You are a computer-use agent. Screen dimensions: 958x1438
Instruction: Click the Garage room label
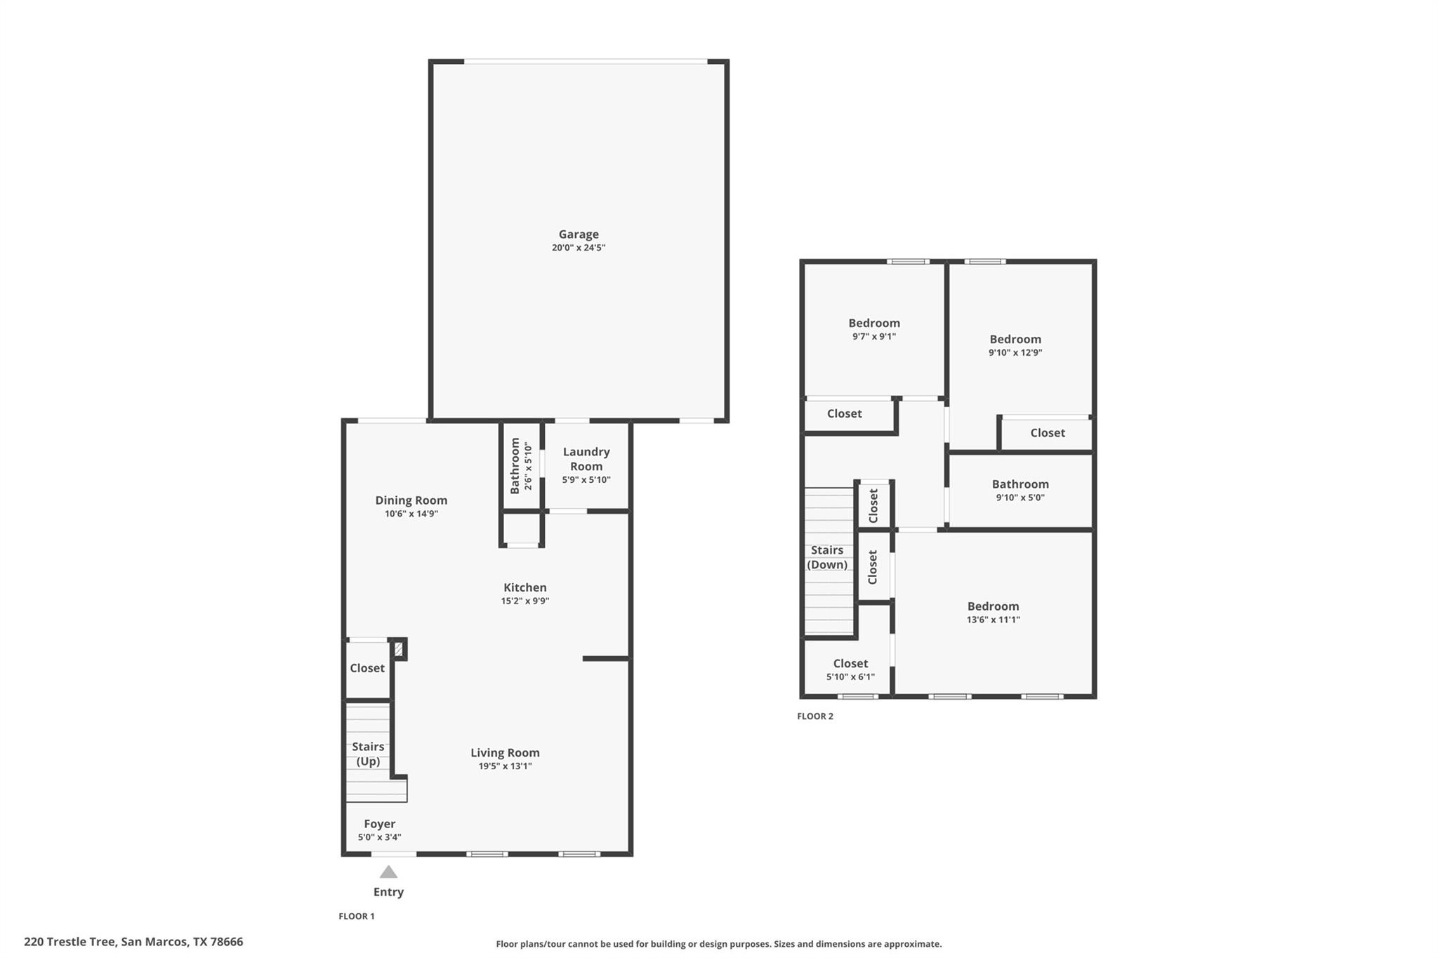tap(579, 234)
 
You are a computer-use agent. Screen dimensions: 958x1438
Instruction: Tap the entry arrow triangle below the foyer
tap(388, 872)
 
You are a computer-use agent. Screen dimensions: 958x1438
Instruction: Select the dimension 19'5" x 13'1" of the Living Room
tap(505, 766)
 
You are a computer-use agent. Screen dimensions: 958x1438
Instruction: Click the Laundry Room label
tap(586, 459)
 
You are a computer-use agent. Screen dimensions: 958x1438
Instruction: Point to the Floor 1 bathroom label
tap(515, 465)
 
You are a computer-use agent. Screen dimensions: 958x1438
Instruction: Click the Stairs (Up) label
tap(368, 754)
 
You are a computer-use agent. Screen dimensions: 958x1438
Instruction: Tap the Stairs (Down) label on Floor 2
tap(827, 557)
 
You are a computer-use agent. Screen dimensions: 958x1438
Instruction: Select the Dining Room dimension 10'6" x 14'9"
tap(411, 514)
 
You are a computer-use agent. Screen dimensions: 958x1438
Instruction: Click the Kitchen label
tap(525, 587)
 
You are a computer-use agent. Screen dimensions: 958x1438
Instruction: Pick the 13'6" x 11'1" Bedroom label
tap(993, 606)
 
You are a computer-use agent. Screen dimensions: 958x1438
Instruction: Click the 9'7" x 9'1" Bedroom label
tap(873, 323)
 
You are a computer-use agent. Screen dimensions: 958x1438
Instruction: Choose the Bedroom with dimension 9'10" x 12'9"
tap(1015, 339)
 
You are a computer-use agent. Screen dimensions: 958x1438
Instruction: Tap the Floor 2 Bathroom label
tap(1020, 484)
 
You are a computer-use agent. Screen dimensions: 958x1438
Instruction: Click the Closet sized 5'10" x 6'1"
tap(850, 663)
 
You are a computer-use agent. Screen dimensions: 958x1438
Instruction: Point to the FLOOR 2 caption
tap(815, 717)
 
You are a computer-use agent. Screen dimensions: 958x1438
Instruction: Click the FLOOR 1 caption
tap(357, 916)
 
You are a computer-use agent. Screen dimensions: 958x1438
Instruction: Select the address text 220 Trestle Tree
tap(70, 942)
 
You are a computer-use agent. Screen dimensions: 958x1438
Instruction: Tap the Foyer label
tap(379, 824)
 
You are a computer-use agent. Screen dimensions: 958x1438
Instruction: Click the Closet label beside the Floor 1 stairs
tap(367, 668)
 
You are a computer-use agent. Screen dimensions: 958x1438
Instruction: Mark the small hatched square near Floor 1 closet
tap(398, 649)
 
